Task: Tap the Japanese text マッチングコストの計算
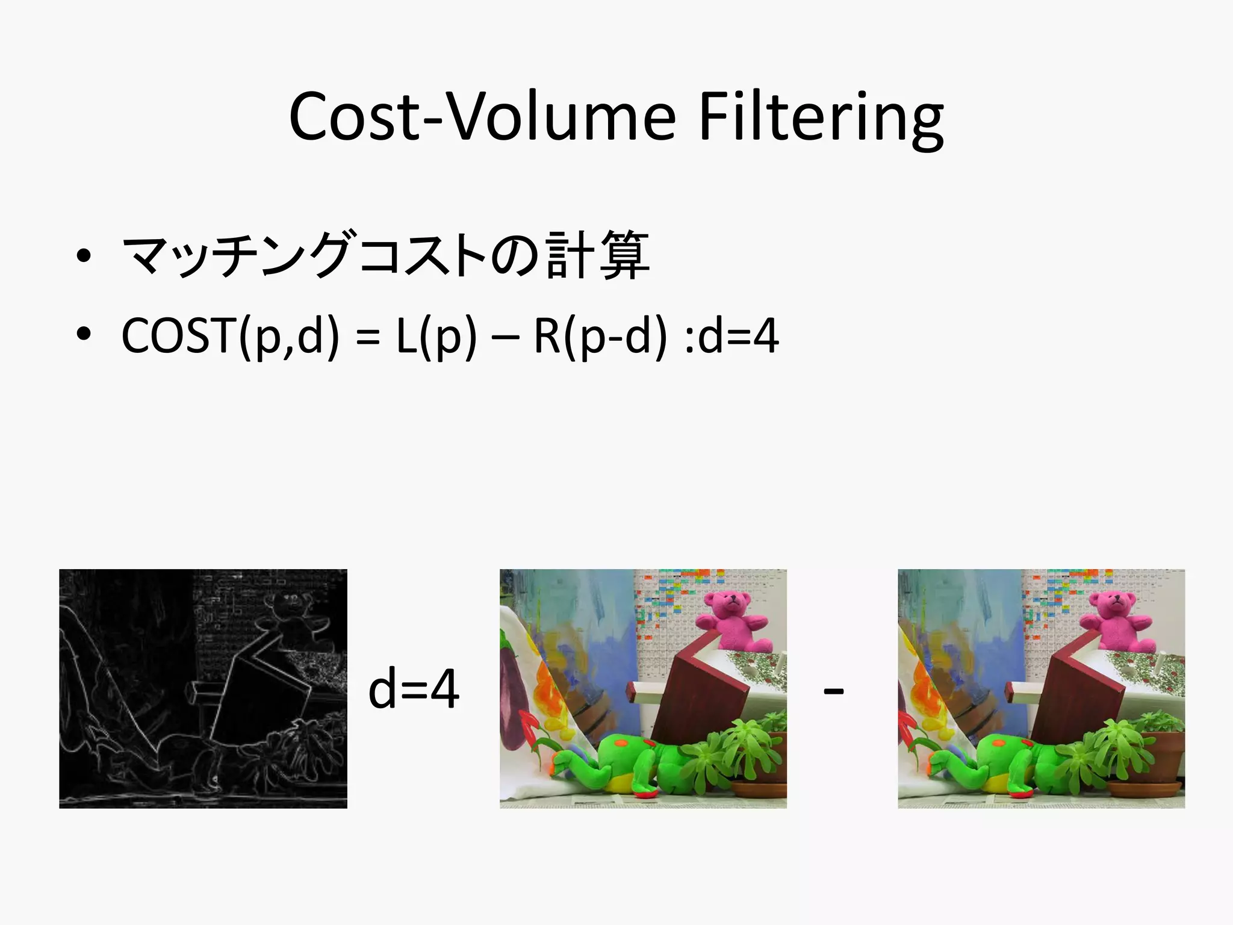(x=385, y=255)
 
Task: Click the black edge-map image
(x=203, y=688)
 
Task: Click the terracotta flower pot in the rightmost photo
(x=1147, y=765)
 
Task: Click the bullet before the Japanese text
(x=84, y=257)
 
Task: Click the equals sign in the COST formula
(x=367, y=337)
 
